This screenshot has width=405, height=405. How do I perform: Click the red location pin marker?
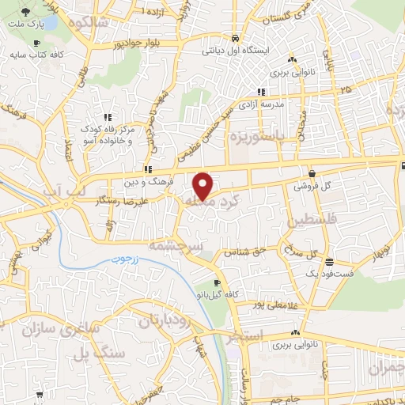203,185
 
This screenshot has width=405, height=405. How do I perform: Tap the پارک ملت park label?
23,25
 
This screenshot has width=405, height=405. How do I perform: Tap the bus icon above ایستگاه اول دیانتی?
235,37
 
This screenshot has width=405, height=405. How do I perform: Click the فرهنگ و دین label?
142,182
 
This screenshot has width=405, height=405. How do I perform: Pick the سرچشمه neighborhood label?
202,247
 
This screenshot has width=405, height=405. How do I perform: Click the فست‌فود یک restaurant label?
326,274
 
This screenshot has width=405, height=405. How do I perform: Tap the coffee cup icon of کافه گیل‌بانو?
217,282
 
